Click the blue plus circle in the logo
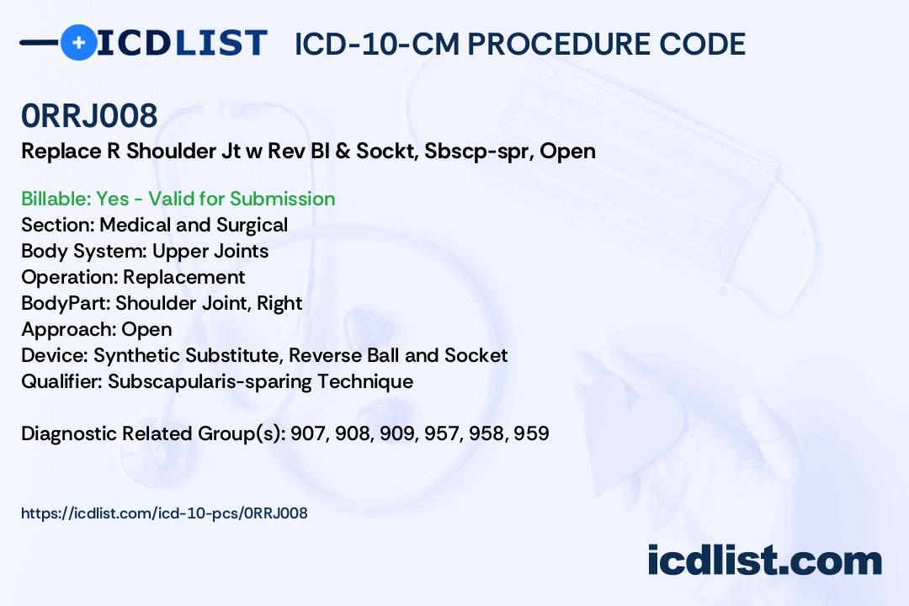[78, 42]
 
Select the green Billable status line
[178, 199]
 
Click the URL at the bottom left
[164, 513]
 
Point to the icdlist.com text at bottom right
[764, 561]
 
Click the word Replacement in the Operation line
[184, 277]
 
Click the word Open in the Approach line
[146, 329]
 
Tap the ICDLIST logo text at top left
[182, 42]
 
